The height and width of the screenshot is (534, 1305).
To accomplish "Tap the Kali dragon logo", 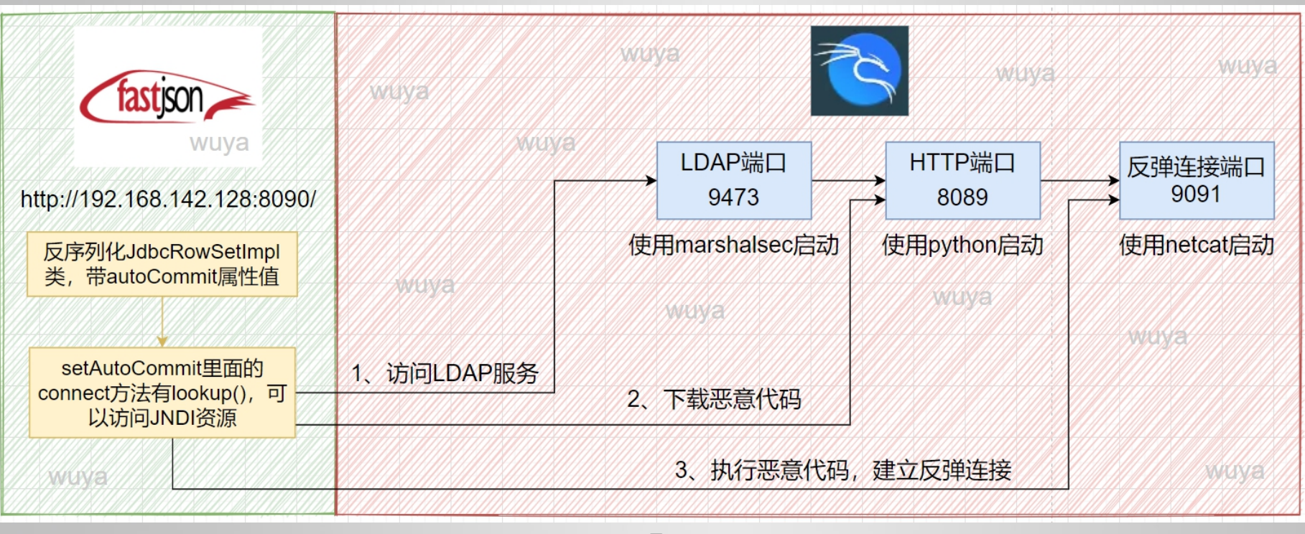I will point(859,71).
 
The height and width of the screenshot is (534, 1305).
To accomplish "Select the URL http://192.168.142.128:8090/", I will point(168,200).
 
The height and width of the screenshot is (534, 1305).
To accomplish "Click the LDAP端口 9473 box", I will point(733,180).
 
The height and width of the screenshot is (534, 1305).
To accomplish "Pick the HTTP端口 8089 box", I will point(962,180).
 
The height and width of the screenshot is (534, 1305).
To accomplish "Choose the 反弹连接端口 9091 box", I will point(1196,180).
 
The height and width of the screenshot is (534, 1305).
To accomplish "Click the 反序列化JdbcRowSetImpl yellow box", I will point(162,264).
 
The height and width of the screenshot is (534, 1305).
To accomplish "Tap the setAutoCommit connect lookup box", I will point(162,393).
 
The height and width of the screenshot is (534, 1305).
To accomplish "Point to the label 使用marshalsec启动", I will point(733,245).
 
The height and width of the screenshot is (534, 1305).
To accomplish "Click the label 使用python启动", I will point(962,245).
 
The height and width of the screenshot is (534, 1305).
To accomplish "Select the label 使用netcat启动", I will point(1196,245).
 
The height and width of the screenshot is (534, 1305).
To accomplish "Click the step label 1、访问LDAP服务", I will point(445,373).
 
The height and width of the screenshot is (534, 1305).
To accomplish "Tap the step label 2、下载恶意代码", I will point(714,399).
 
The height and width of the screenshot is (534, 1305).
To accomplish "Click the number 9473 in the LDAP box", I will point(733,197).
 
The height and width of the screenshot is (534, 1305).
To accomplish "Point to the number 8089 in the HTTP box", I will point(962,197).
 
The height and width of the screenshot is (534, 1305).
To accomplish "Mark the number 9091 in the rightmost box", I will point(1196,195).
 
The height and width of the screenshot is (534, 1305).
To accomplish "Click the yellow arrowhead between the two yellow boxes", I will point(162,342).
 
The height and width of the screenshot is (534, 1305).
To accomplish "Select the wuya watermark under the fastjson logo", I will point(219,143).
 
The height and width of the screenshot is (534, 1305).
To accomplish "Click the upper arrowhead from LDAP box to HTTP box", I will point(880,181).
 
